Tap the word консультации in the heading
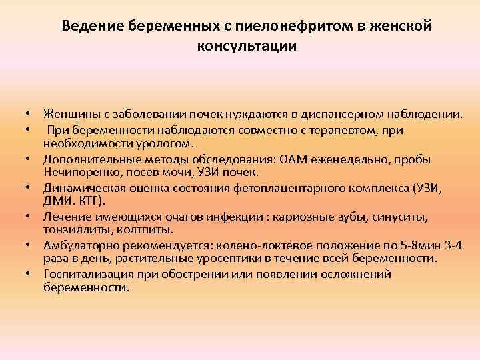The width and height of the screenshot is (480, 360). pyautogui.click(x=247, y=46)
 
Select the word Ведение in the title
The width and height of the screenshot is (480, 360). pyautogui.click(x=93, y=26)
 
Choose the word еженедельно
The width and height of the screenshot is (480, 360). pyautogui.click(x=350, y=160)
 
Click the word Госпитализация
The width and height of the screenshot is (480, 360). pyautogui.click(x=89, y=274)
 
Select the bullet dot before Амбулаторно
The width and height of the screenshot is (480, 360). pyautogui.click(x=28, y=245)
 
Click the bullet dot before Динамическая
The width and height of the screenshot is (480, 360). pyautogui.click(x=28, y=187)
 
